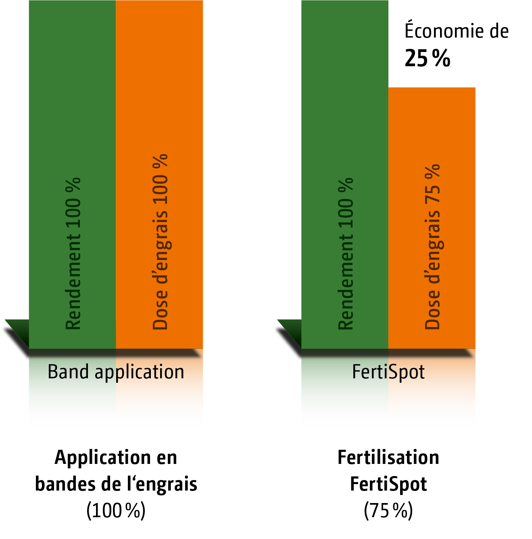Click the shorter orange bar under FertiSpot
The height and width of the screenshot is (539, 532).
pos(432,218)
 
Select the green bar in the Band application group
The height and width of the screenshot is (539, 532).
pos(73,174)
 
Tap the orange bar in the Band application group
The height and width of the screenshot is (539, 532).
pos(159,174)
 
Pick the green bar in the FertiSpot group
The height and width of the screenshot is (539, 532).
pos(345,174)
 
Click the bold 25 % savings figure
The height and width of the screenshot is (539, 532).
pos(428,59)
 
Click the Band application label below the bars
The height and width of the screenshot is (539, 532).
pos(116,373)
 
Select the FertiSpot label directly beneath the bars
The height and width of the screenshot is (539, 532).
pos(388,372)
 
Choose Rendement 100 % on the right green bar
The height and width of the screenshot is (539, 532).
pos(346,254)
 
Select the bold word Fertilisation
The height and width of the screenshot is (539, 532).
pos(388,457)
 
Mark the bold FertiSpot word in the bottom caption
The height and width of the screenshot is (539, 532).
pos(388,485)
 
